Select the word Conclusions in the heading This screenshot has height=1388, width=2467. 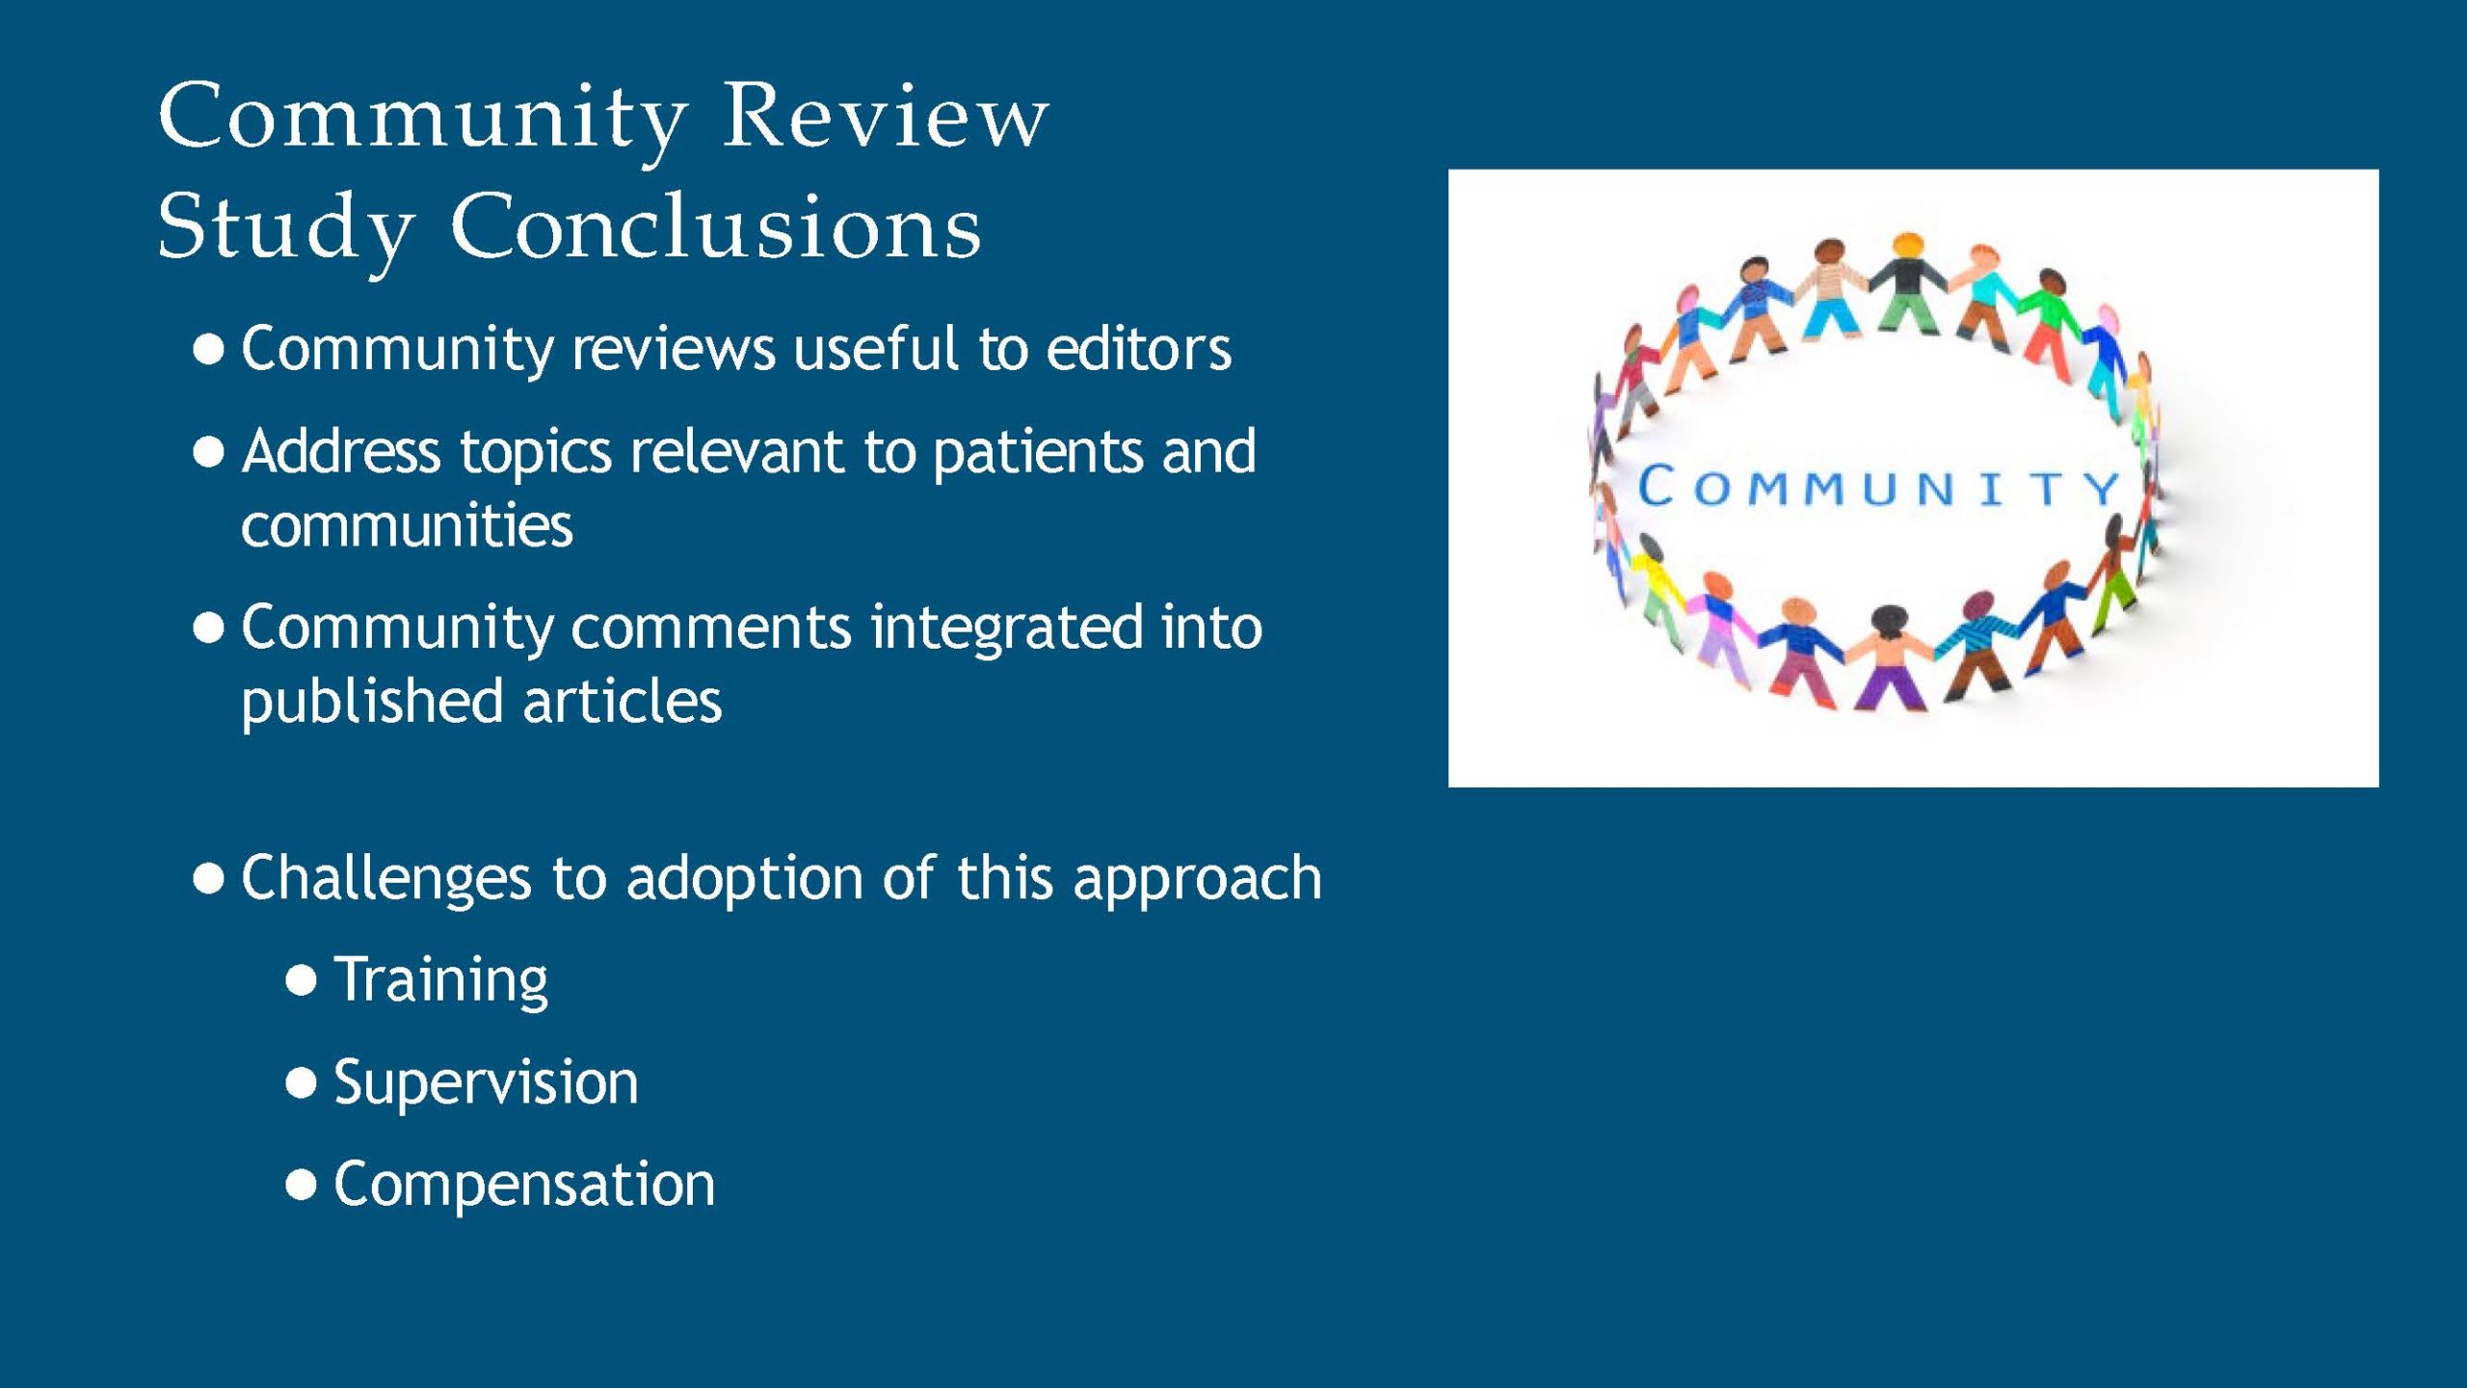(715, 227)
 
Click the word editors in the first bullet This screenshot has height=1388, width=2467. (1138, 348)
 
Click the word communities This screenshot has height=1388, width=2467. (407, 525)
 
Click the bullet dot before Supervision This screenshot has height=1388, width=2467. (302, 1083)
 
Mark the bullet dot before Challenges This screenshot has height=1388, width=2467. (209, 879)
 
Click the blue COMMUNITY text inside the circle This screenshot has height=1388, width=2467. (1879, 487)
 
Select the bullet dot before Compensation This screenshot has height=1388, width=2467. (302, 1185)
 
